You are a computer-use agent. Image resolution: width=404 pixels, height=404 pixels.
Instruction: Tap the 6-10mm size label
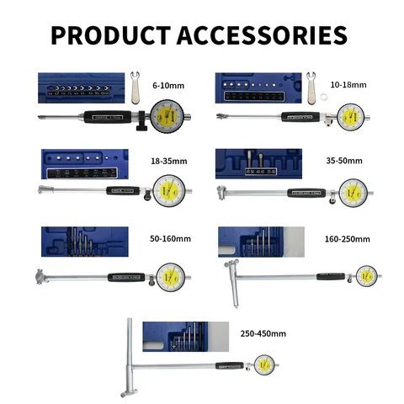pos(168,85)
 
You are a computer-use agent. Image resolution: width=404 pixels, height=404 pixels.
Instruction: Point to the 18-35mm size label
pos(168,159)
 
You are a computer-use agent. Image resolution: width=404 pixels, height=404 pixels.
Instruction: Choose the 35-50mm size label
pos(345,159)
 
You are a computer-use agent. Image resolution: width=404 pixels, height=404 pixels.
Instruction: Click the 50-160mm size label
pos(170,238)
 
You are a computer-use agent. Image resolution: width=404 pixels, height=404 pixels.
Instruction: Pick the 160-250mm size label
pos(348,238)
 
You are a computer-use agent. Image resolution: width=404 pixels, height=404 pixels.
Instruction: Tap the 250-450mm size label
pos(262,333)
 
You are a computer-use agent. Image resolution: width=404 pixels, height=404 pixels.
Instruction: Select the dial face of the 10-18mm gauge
pos(353,116)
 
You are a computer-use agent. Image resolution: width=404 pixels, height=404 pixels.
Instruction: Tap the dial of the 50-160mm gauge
pos(173,275)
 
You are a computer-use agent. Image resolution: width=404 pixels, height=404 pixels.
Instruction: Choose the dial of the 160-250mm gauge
pos(365,275)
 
